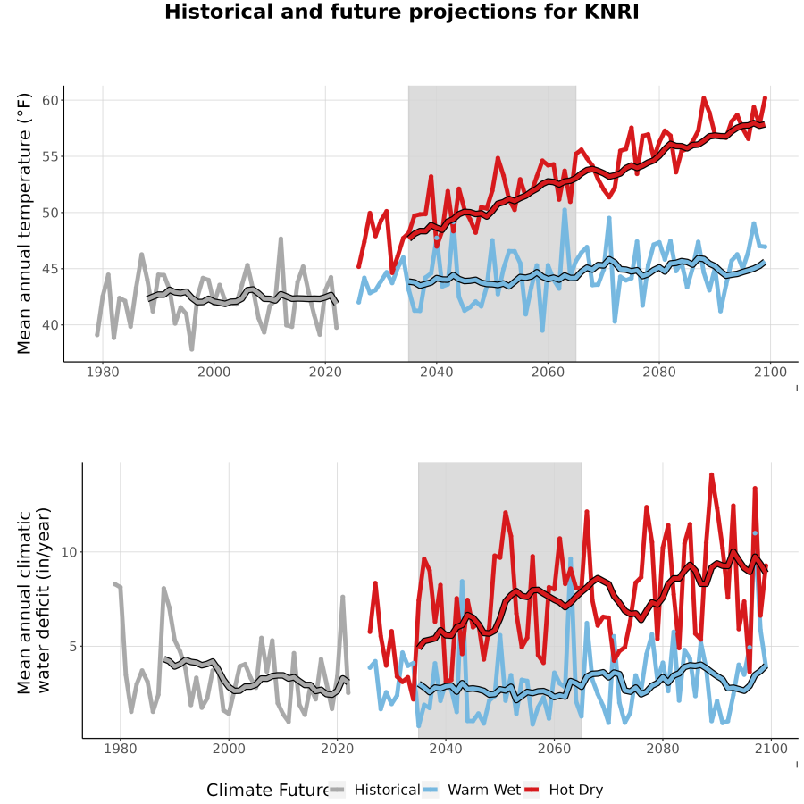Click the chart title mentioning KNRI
click(401, 12)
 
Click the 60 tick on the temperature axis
click(50, 100)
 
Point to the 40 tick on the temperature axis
click(50, 325)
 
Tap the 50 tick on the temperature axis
click(50, 213)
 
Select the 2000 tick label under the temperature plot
click(214, 372)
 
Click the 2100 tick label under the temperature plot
click(770, 372)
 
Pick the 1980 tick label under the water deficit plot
click(120, 749)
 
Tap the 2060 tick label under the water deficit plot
click(554, 749)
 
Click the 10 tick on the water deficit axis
click(69, 552)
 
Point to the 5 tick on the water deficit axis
click(73, 647)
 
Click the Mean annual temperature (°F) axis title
click(24, 223)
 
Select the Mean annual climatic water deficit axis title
click(34, 601)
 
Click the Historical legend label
click(387, 791)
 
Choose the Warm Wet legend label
click(484, 791)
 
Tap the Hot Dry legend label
click(576, 791)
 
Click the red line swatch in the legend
click(532, 791)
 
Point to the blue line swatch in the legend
click(431, 791)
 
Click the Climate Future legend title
click(268, 791)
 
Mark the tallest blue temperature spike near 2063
click(565, 210)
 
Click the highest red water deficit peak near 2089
click(711, 475)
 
